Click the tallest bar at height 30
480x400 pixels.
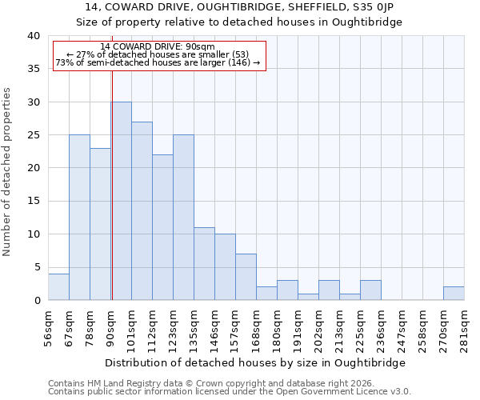tap(121, 201)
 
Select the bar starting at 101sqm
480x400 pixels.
tap(142, 211)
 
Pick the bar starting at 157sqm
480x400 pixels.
tap(246, 277)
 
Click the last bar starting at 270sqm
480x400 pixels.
tap(454, 294)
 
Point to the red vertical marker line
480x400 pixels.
tap(112, 160)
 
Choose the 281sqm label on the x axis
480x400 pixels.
tap(465, 326)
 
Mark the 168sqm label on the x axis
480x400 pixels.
tap(257, 326)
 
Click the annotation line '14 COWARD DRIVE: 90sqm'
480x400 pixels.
tap(158, 47)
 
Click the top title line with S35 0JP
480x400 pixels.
tap(239, 6)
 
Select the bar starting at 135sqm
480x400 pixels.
tap(204, 264)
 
